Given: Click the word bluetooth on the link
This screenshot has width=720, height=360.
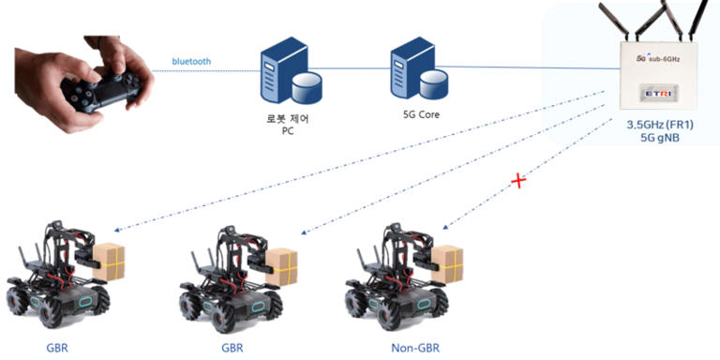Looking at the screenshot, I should (191, 62).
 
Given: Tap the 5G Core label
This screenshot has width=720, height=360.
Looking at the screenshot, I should (413, 116).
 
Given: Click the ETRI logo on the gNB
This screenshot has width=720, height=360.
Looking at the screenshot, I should (655, 94).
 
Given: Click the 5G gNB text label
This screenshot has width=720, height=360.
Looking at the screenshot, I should (660, 138).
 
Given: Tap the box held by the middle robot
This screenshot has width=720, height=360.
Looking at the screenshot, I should (281, 264).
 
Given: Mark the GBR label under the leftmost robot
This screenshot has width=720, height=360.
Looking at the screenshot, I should (57, 347).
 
